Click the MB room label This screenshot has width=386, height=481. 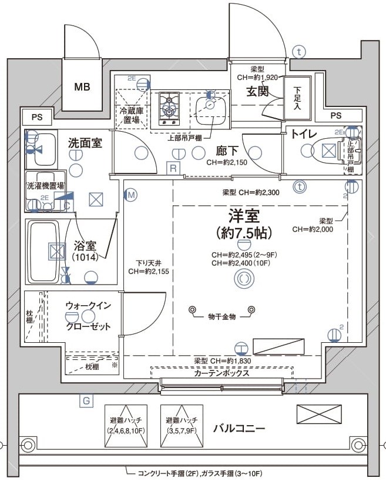[82, 87]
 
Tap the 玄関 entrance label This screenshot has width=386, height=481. [257, 91]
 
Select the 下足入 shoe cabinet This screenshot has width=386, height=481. [297, 98]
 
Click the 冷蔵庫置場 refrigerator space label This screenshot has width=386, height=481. [132, 115]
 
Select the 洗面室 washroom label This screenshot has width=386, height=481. [86, 142]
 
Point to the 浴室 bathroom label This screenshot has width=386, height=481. [85, 247]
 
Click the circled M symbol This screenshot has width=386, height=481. [130, 194]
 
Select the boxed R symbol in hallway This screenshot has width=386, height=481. [173, 168]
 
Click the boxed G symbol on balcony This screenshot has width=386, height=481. [86, 402]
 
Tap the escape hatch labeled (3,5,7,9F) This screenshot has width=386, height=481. [182, 425]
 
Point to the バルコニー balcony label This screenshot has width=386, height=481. [239, 428]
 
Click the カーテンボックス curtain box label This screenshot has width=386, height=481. [221, 373]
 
